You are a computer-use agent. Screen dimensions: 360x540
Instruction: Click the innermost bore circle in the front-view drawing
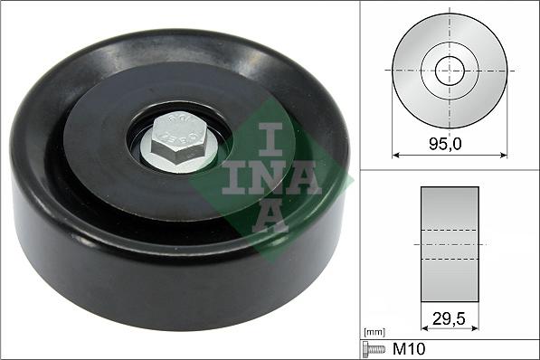click(x=450, y=70)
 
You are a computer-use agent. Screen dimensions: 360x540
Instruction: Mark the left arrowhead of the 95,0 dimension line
click(x=395, y=155)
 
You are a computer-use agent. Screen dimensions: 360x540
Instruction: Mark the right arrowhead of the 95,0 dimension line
click(x=504, y=155)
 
